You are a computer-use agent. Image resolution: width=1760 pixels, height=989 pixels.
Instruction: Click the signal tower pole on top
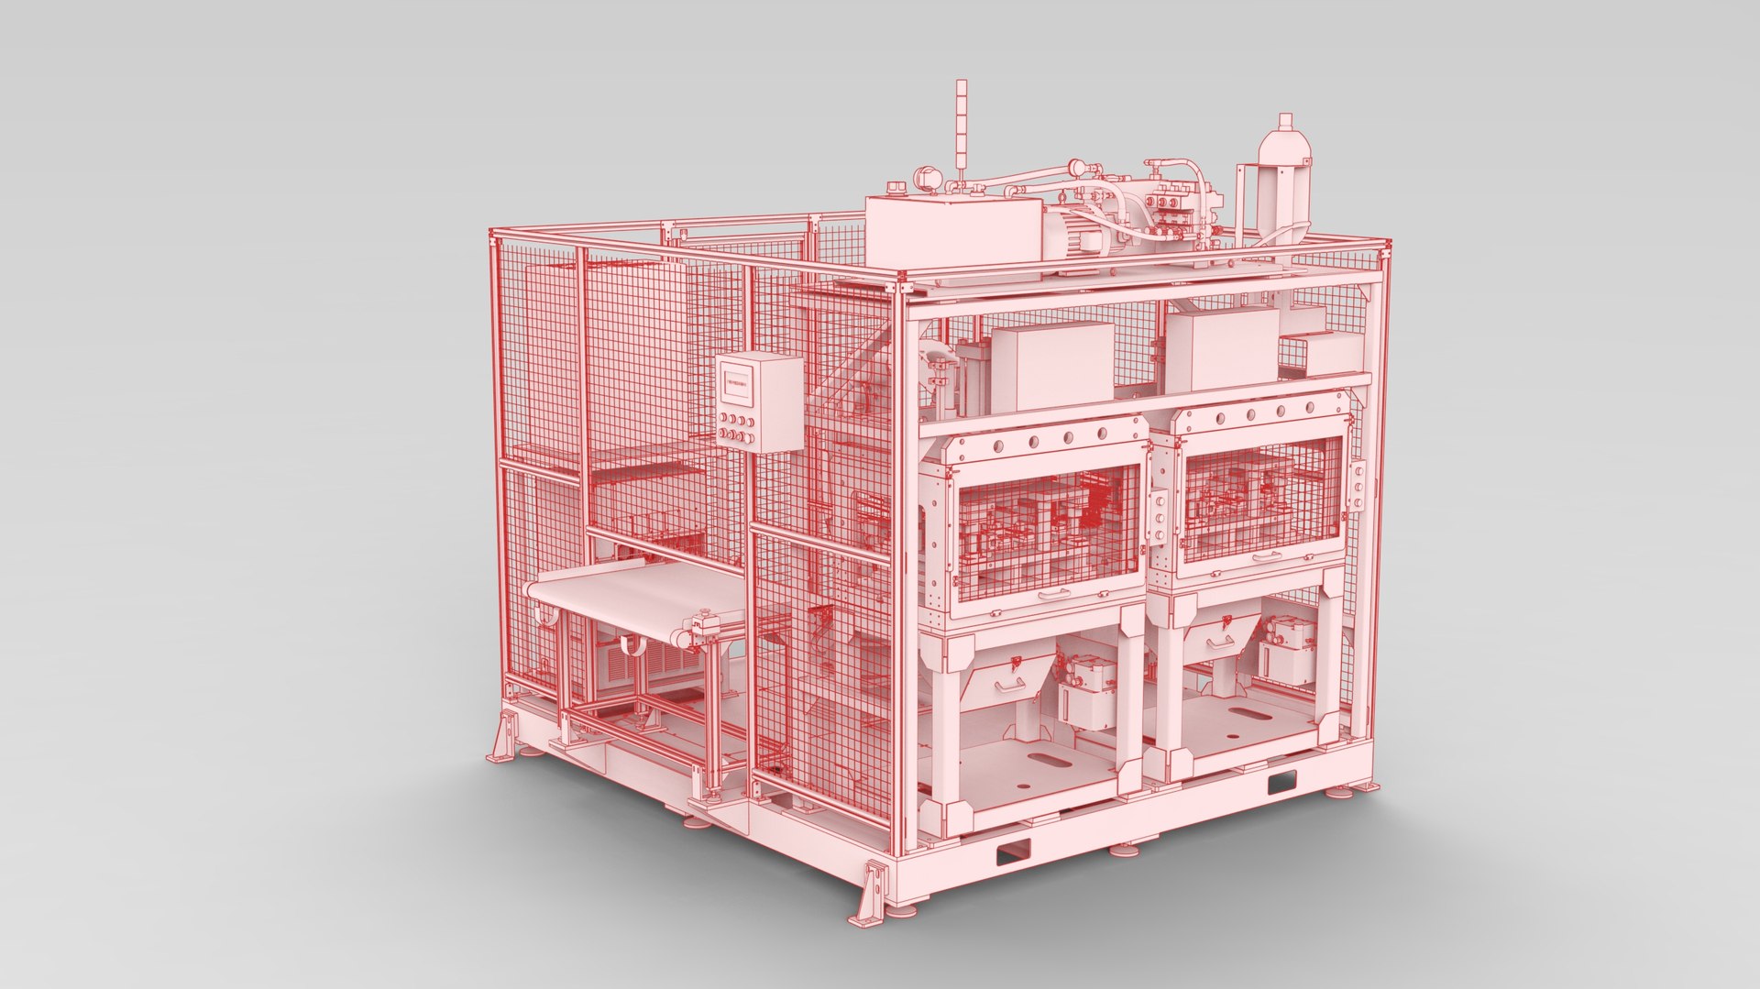[x=961, y=128]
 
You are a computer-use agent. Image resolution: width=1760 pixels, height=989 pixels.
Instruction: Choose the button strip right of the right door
[x=1358, y=486]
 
